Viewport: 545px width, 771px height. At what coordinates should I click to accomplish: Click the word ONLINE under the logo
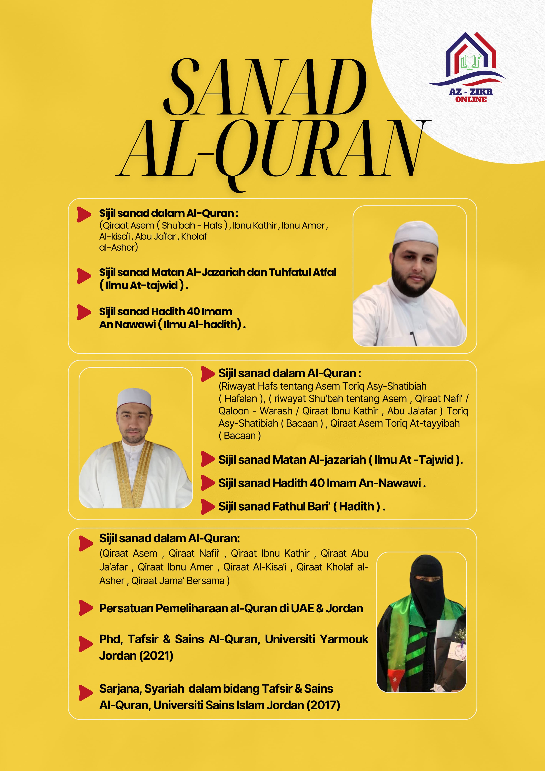471,99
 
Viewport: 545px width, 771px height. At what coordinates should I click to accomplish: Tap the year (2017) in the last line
323,705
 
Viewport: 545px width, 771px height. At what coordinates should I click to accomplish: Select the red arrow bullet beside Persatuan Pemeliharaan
85,608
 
